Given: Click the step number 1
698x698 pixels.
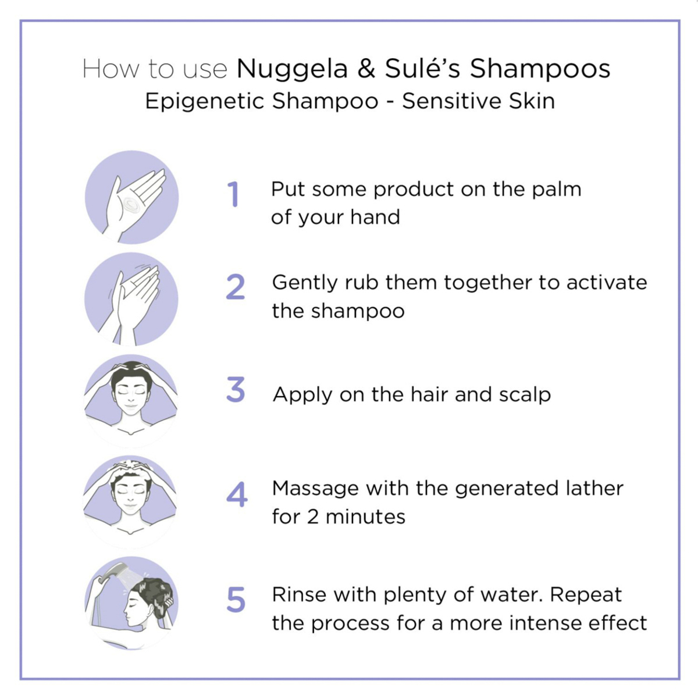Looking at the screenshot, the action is click(x=234, y=194).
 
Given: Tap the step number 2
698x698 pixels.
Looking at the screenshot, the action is click(x=236, y=287).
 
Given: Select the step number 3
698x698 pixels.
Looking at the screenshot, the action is click(x=236, y=389).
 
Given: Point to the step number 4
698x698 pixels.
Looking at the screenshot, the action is click(x=237, y=494).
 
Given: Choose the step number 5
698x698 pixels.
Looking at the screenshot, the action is click(x=236, y=600).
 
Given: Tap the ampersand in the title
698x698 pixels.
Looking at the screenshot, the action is click(x=366, y=69).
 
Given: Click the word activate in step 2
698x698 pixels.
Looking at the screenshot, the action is click(x=607, y=283).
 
